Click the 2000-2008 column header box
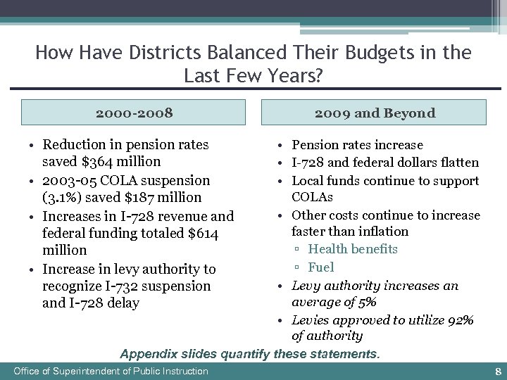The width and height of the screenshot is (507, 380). tap(134, 113)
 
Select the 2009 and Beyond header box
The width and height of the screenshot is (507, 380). tap(374, 113)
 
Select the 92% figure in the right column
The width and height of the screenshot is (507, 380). tap(459, 320)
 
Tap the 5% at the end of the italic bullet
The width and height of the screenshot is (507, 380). tap(365, 302)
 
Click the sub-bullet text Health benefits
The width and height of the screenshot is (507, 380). tap(353, 249)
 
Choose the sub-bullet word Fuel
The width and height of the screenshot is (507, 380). tap(321, 267)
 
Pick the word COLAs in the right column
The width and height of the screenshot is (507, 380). tap(313, 197)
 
